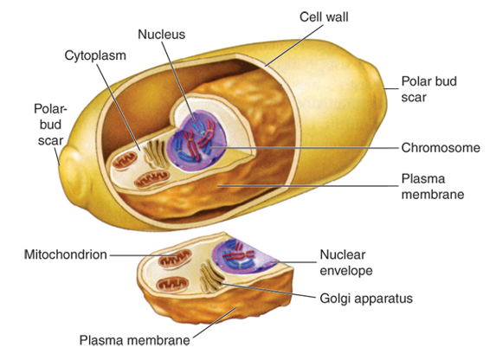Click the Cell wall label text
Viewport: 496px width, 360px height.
click(324, 16)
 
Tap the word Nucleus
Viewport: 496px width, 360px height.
click(161, 34)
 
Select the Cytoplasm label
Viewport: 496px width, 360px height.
click(95, 55)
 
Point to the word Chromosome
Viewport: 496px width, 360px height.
click(441, 148)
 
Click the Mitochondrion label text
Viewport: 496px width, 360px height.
click(66, 254)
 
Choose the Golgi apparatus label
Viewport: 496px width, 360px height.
click(366, 299)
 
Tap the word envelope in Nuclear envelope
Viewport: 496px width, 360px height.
click(346, 271)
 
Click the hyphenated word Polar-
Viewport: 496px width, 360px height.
click(50, 109)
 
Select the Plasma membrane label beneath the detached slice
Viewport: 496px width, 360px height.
click(134, 340)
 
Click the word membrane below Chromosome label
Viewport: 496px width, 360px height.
click(433, 194)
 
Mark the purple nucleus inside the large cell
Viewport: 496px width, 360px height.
click(196, 141)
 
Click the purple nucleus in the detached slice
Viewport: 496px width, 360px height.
click(243, 255)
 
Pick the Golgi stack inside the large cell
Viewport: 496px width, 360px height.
click(155, 153)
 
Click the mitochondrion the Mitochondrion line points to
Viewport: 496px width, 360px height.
click(175, 259)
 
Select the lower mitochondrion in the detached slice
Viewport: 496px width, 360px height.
click(173, 285)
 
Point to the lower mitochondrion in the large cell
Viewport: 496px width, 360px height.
click(152, 179)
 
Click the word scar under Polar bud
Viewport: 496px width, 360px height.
click(414, 97)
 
